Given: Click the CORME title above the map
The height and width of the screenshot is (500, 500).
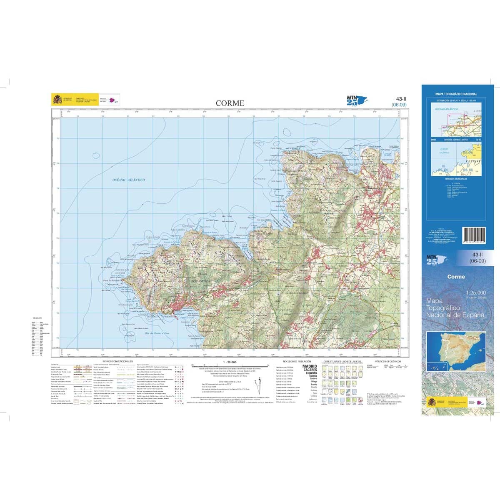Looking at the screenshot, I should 230,103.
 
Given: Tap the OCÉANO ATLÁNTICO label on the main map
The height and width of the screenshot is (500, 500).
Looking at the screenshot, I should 129,180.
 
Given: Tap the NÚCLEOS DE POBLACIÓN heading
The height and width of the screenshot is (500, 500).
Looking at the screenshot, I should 297,361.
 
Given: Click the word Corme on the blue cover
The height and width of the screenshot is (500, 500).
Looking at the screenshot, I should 456,277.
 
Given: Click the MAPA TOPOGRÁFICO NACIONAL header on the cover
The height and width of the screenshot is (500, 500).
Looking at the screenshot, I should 456,94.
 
